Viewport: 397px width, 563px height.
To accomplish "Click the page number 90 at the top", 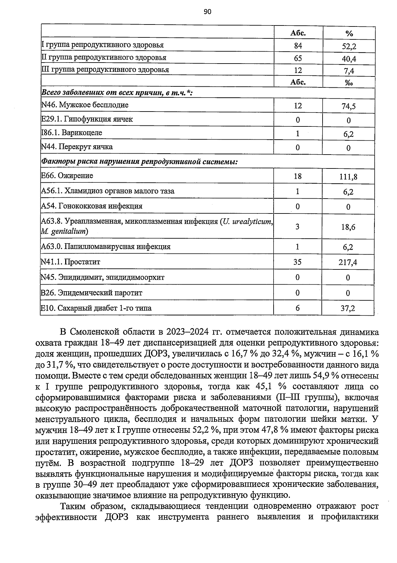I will point(207,12).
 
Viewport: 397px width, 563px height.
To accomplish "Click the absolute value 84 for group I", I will point(298,46).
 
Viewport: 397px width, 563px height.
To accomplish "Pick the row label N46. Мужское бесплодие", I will point(85,105).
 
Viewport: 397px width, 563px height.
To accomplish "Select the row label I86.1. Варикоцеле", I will point(71,133).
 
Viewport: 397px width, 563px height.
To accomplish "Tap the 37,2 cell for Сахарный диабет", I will point(348,309).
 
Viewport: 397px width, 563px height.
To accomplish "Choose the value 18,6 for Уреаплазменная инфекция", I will point(348,227).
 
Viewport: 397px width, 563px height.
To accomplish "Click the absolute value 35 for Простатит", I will point(297,262).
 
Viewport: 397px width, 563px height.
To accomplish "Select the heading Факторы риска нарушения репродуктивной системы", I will point(139,162).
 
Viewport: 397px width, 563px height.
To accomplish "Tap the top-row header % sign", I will point(349,34).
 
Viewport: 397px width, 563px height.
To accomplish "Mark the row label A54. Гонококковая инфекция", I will point(92,206).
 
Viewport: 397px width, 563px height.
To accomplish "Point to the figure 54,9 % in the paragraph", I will point(322,376).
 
